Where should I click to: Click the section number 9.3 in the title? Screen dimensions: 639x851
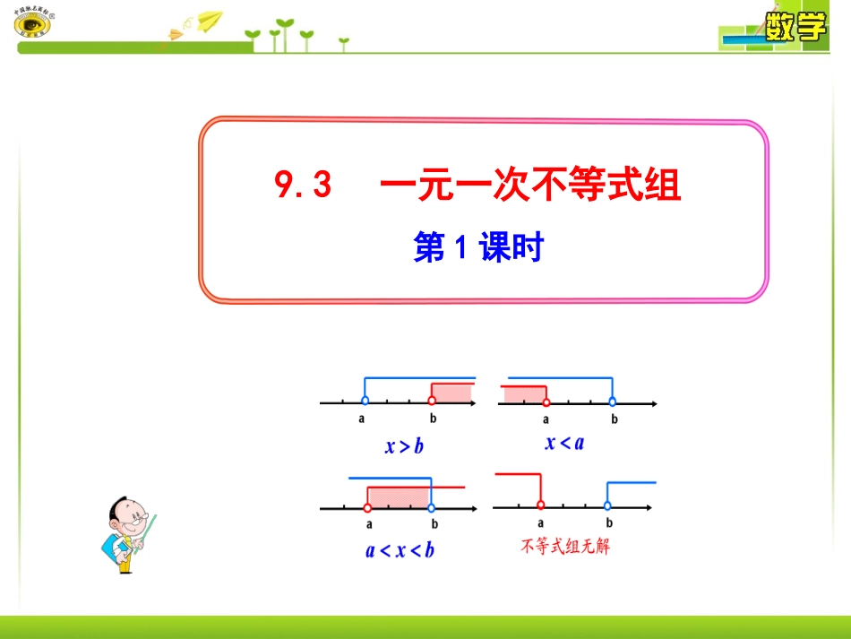pyautogui.click(x=303, y=186)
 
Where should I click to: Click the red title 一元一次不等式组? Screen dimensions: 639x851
pyautogui.click(x=530, y=186)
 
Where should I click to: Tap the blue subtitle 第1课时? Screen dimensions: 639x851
pyautogui.click(x=479, y=247)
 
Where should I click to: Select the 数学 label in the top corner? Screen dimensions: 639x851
pyautogui.click(x=795, y=28)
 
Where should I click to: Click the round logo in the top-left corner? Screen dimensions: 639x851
pyautogui.click(x=33, y=23)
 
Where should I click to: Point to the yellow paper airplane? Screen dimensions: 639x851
pyautogui.click(x=209, y=19)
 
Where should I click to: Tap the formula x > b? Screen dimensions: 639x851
pyautogui.click(x=404, y=445)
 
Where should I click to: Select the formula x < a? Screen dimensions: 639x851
pyautogui.click(x=564, y=442)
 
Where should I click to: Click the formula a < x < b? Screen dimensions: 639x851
pyautogui.click(x=400, y=549)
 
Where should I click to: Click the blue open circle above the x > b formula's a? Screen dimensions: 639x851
pyautogui.click(x=364, y=402)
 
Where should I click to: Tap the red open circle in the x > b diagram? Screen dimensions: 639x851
pyautogui.click(x=432, y=402)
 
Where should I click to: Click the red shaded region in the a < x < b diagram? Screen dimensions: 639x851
pyautogui.click(x=398, y=497)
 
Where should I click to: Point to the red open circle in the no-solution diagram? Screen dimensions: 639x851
pyautogui.click(x=540, y=507)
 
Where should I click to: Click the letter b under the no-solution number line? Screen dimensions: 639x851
pyautogui.click(x=608, y=523)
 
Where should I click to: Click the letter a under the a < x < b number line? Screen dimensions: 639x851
pyautogui.click(x=368, y=524)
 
